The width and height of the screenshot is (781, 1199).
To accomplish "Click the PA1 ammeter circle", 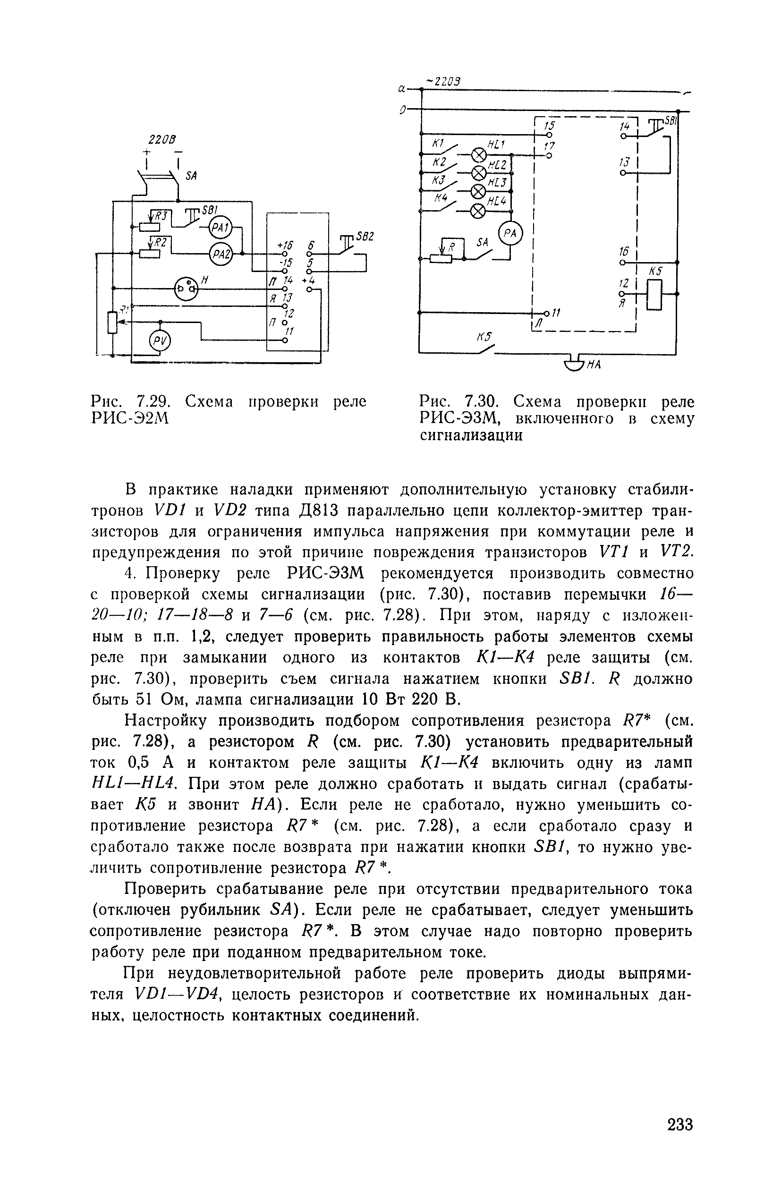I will point(219,228).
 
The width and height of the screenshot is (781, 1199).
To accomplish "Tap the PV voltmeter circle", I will point(160,342).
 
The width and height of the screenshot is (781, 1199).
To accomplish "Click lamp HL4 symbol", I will point(478,211).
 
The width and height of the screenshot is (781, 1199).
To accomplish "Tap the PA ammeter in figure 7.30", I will point(510,234).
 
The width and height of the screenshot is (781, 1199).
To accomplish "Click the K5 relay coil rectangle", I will point(654,295).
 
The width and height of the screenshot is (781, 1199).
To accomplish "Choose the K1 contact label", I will point(437,144).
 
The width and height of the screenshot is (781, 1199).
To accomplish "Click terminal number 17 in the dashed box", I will point(549,146).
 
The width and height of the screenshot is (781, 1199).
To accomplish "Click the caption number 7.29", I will point(151,401).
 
